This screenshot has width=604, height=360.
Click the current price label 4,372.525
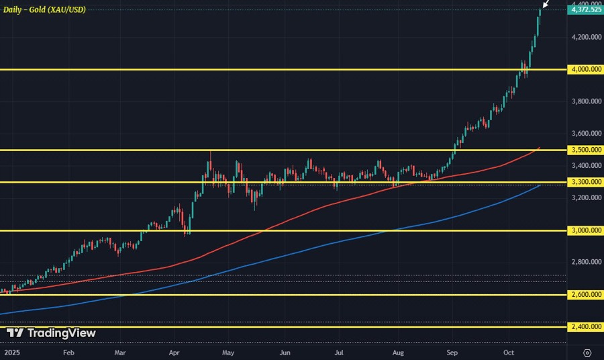coord(585,10)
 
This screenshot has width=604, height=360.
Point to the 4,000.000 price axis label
coord(585,69)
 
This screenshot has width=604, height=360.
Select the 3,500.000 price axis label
coord(585,150)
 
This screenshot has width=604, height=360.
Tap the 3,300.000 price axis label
coord(585,182)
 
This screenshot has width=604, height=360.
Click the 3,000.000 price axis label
coord(585,230)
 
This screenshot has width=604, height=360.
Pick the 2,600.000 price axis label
coord(585,295)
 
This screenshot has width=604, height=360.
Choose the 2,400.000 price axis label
coord(585,326)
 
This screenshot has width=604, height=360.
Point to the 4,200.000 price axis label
coord(585,37)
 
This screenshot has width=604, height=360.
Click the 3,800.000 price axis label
coord(585,101)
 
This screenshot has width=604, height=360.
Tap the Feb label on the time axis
coord(68,351)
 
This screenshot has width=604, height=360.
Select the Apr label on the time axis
coord(174,351)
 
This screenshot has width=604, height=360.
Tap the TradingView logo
coord(51,333)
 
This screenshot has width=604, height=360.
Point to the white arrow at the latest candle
coord(546,5)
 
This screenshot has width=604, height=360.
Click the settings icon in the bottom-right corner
coord(587,351)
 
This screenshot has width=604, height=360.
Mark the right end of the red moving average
coord(540,147)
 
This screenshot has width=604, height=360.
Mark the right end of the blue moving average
coord(540,185)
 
